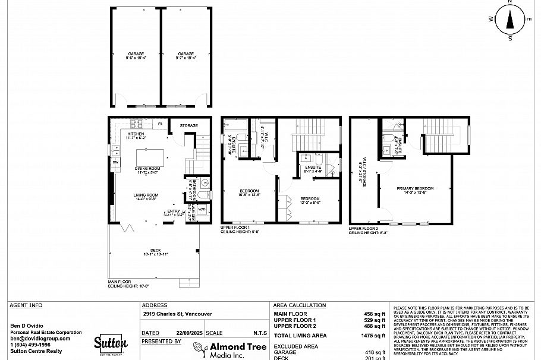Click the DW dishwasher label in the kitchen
coord(115,162)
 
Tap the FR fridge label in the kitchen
coord(160,124)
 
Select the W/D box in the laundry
coord(202,209)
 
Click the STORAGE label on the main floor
coord(189,126)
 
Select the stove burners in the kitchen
coord(136,124)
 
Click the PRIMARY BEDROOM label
coord(415,188)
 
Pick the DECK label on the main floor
coord(156,251)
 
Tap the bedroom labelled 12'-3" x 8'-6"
coord(310,198)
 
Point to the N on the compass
coord(510,2)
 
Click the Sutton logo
coord(111,343)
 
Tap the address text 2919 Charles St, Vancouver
coord(177,314)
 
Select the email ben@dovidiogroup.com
coord(40,339)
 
